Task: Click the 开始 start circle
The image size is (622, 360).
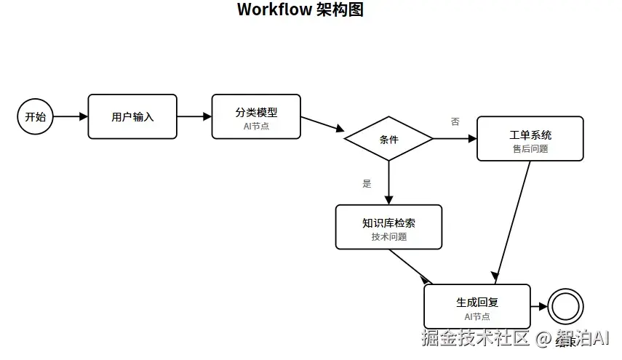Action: pos(35,116)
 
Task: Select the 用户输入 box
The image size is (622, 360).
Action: pos(132,116)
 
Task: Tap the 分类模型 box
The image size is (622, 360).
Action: pos(256,116)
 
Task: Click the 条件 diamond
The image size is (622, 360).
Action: pos(389,139)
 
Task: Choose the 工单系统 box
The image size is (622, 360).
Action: pos(530,138)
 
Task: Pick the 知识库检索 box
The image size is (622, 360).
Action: pos(388,227)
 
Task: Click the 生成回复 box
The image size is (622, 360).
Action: pos(477,306)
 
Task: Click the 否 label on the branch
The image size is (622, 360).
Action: pos(455,121)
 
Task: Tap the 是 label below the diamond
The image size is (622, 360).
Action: pos(367,183)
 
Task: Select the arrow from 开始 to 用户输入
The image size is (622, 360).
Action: pos(71,116)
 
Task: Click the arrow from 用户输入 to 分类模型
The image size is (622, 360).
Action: pos(194,116)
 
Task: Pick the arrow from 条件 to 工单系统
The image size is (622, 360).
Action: pos(455,138)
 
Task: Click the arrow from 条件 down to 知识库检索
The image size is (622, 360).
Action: pos(389,182)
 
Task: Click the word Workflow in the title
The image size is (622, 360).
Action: pos(274,9)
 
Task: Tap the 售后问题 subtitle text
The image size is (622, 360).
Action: pos(530,148)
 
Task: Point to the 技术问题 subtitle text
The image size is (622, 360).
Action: pos(388,237)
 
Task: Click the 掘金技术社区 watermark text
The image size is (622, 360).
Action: pos(477,338)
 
